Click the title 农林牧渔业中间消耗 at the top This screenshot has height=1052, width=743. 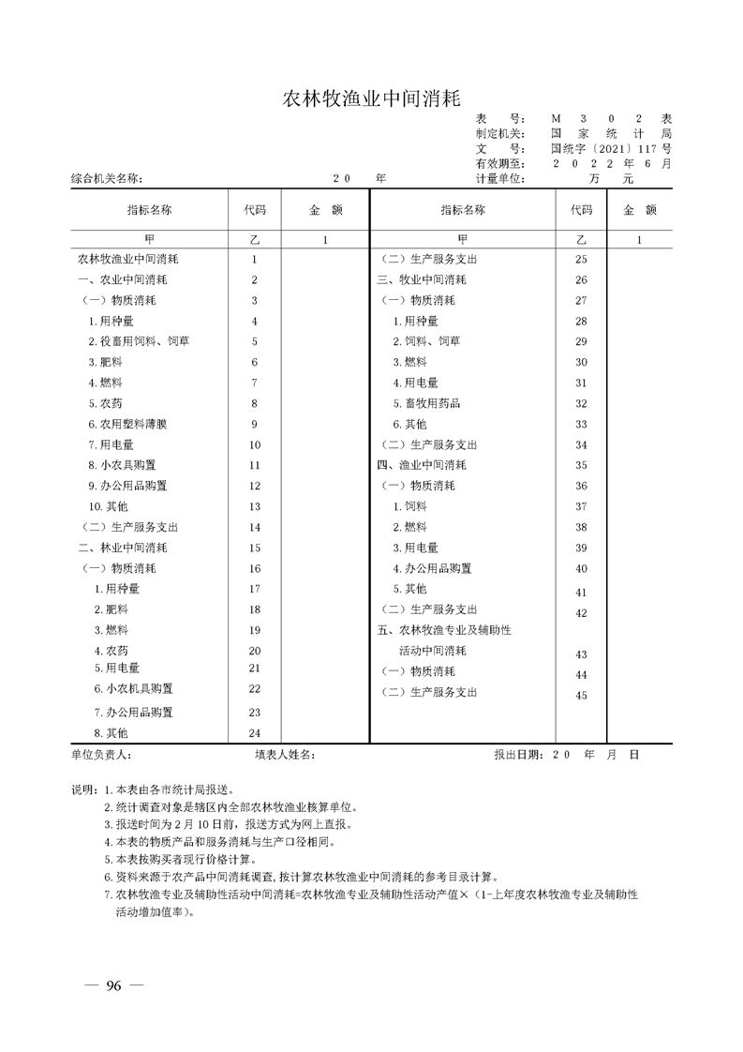click(x=371, y=98)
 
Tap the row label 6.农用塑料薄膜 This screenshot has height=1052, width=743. click(x=128, y=424)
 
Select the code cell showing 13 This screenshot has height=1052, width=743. click(x=254, y=506)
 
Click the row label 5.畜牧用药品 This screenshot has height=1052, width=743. click(x=426, y=403)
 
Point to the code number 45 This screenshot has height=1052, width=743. click(x=581, y=695)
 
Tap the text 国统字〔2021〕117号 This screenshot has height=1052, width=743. click(x=611, y=148)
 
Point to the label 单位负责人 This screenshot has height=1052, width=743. click(x=102, y=754)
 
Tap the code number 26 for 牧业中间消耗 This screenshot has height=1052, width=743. click(x=581, y=280)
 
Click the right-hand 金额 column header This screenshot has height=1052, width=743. click(x=639, y=210)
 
